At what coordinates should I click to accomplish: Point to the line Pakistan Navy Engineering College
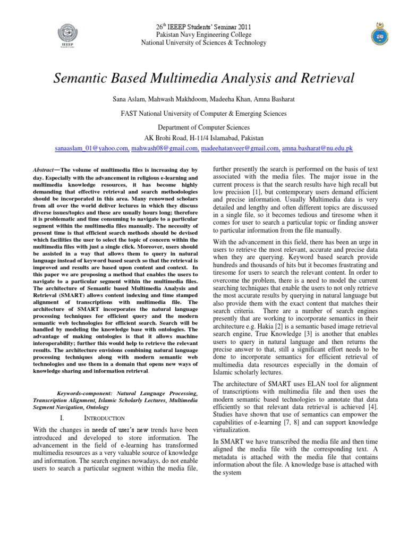click(203, 34)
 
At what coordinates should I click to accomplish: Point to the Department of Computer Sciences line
click(204, 127)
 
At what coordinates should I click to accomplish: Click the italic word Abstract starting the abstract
click(45, 169)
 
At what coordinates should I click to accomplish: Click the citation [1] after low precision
click(257, 191)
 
